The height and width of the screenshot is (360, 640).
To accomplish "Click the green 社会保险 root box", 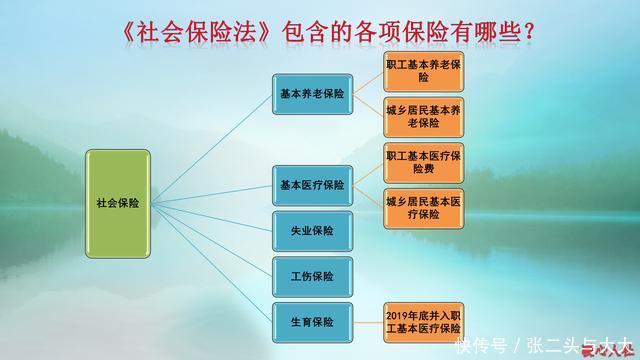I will (118, 201).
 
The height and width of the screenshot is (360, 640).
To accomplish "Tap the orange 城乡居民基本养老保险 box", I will (423, 118).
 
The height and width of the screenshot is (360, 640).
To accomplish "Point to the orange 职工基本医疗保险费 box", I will (423, 163).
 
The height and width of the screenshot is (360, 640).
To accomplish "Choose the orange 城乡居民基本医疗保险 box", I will (423, 208).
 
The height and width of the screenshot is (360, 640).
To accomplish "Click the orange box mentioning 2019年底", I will (423, 320).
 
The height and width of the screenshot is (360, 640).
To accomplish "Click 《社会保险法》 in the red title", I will (196, 32).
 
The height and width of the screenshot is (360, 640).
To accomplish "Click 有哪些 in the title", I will (478, 32).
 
